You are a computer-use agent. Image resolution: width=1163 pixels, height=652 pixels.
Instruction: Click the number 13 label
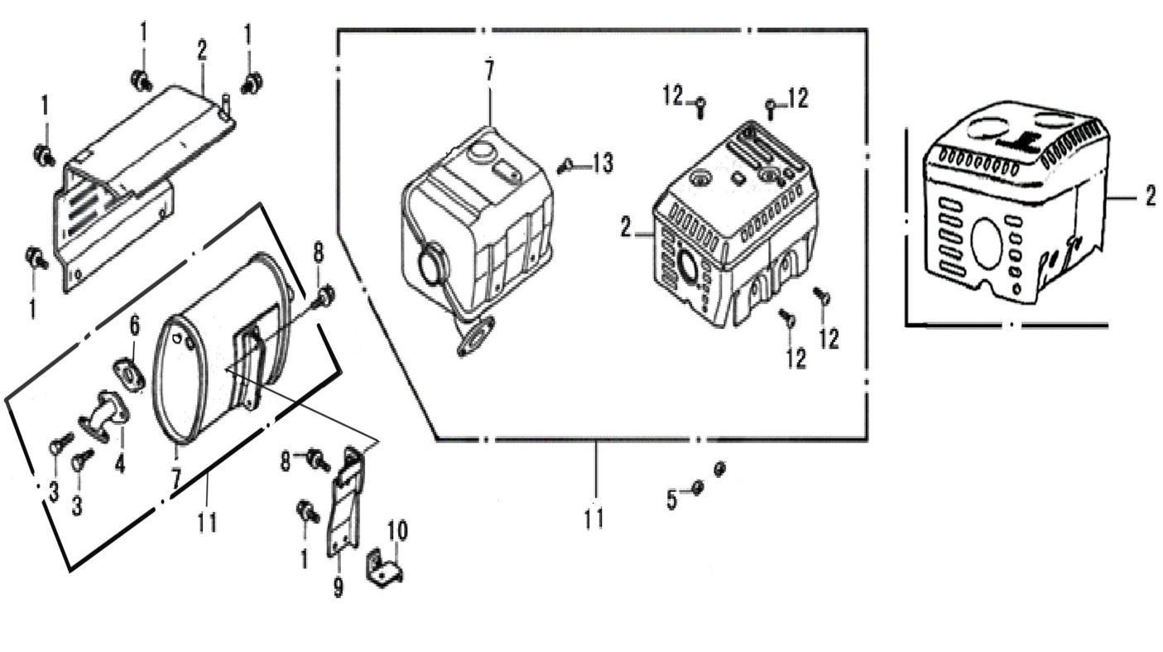[x=603, y=164]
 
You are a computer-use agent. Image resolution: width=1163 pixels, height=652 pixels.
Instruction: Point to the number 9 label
[x=339, y=587]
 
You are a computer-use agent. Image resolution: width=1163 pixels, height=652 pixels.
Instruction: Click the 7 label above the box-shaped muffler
[x=488, y=70]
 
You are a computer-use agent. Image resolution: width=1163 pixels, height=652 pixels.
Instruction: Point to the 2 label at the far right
[x=1151, y=196]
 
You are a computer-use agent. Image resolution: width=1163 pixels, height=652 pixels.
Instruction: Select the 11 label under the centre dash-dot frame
[x=594, y=518]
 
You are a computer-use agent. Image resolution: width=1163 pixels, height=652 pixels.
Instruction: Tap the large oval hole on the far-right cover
[x=986, y=244]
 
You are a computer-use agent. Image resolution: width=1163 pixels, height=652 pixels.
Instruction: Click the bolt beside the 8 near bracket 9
[x=317, y=458]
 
